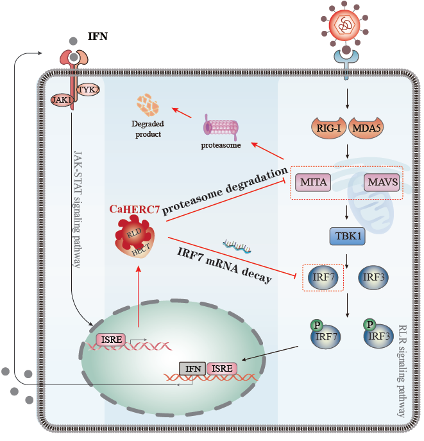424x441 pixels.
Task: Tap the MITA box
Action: tap(313, 182)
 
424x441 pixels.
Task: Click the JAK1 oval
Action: tap(62, 99)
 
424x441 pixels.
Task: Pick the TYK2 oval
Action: tap(89, 90)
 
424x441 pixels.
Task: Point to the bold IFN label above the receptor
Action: tap(98, 37)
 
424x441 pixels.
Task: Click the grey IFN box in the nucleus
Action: tap(193, 368)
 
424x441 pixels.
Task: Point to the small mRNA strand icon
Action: tap(237, 245)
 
